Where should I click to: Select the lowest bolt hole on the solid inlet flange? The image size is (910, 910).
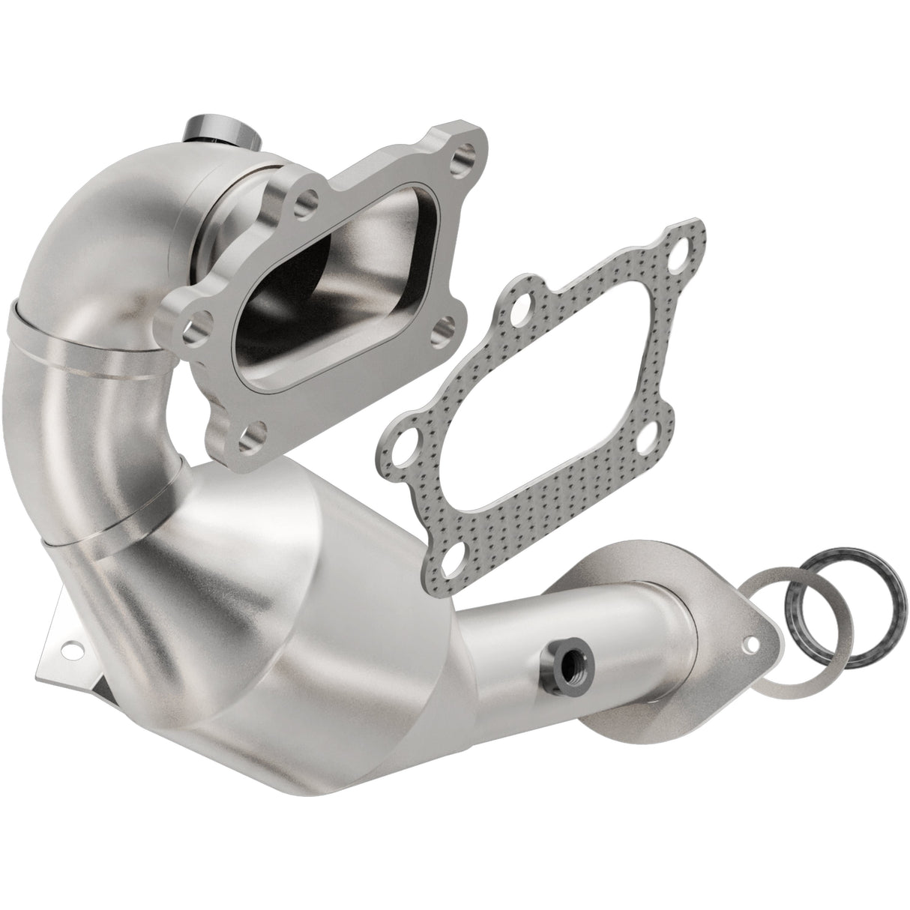pyautogui.click(x=256, y=433)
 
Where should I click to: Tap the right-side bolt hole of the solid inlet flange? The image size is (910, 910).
pyautogui.click(x=443, y=327)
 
